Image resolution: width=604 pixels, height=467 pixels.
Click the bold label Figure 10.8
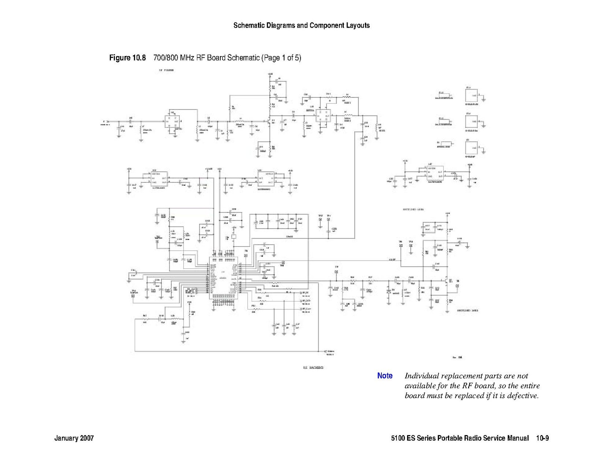click(127, 58)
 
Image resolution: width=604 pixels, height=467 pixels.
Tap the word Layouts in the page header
click(357, 26)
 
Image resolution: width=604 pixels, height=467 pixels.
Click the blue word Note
click(385, 376)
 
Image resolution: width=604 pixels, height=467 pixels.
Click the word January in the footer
click(66, 438)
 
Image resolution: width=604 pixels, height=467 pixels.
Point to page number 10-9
click(542, 438)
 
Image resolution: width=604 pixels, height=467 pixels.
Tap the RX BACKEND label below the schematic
click(313, 367)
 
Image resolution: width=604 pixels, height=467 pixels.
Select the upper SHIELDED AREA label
click(413, 209)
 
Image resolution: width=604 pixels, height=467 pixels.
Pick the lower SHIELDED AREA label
click(467, 310)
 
